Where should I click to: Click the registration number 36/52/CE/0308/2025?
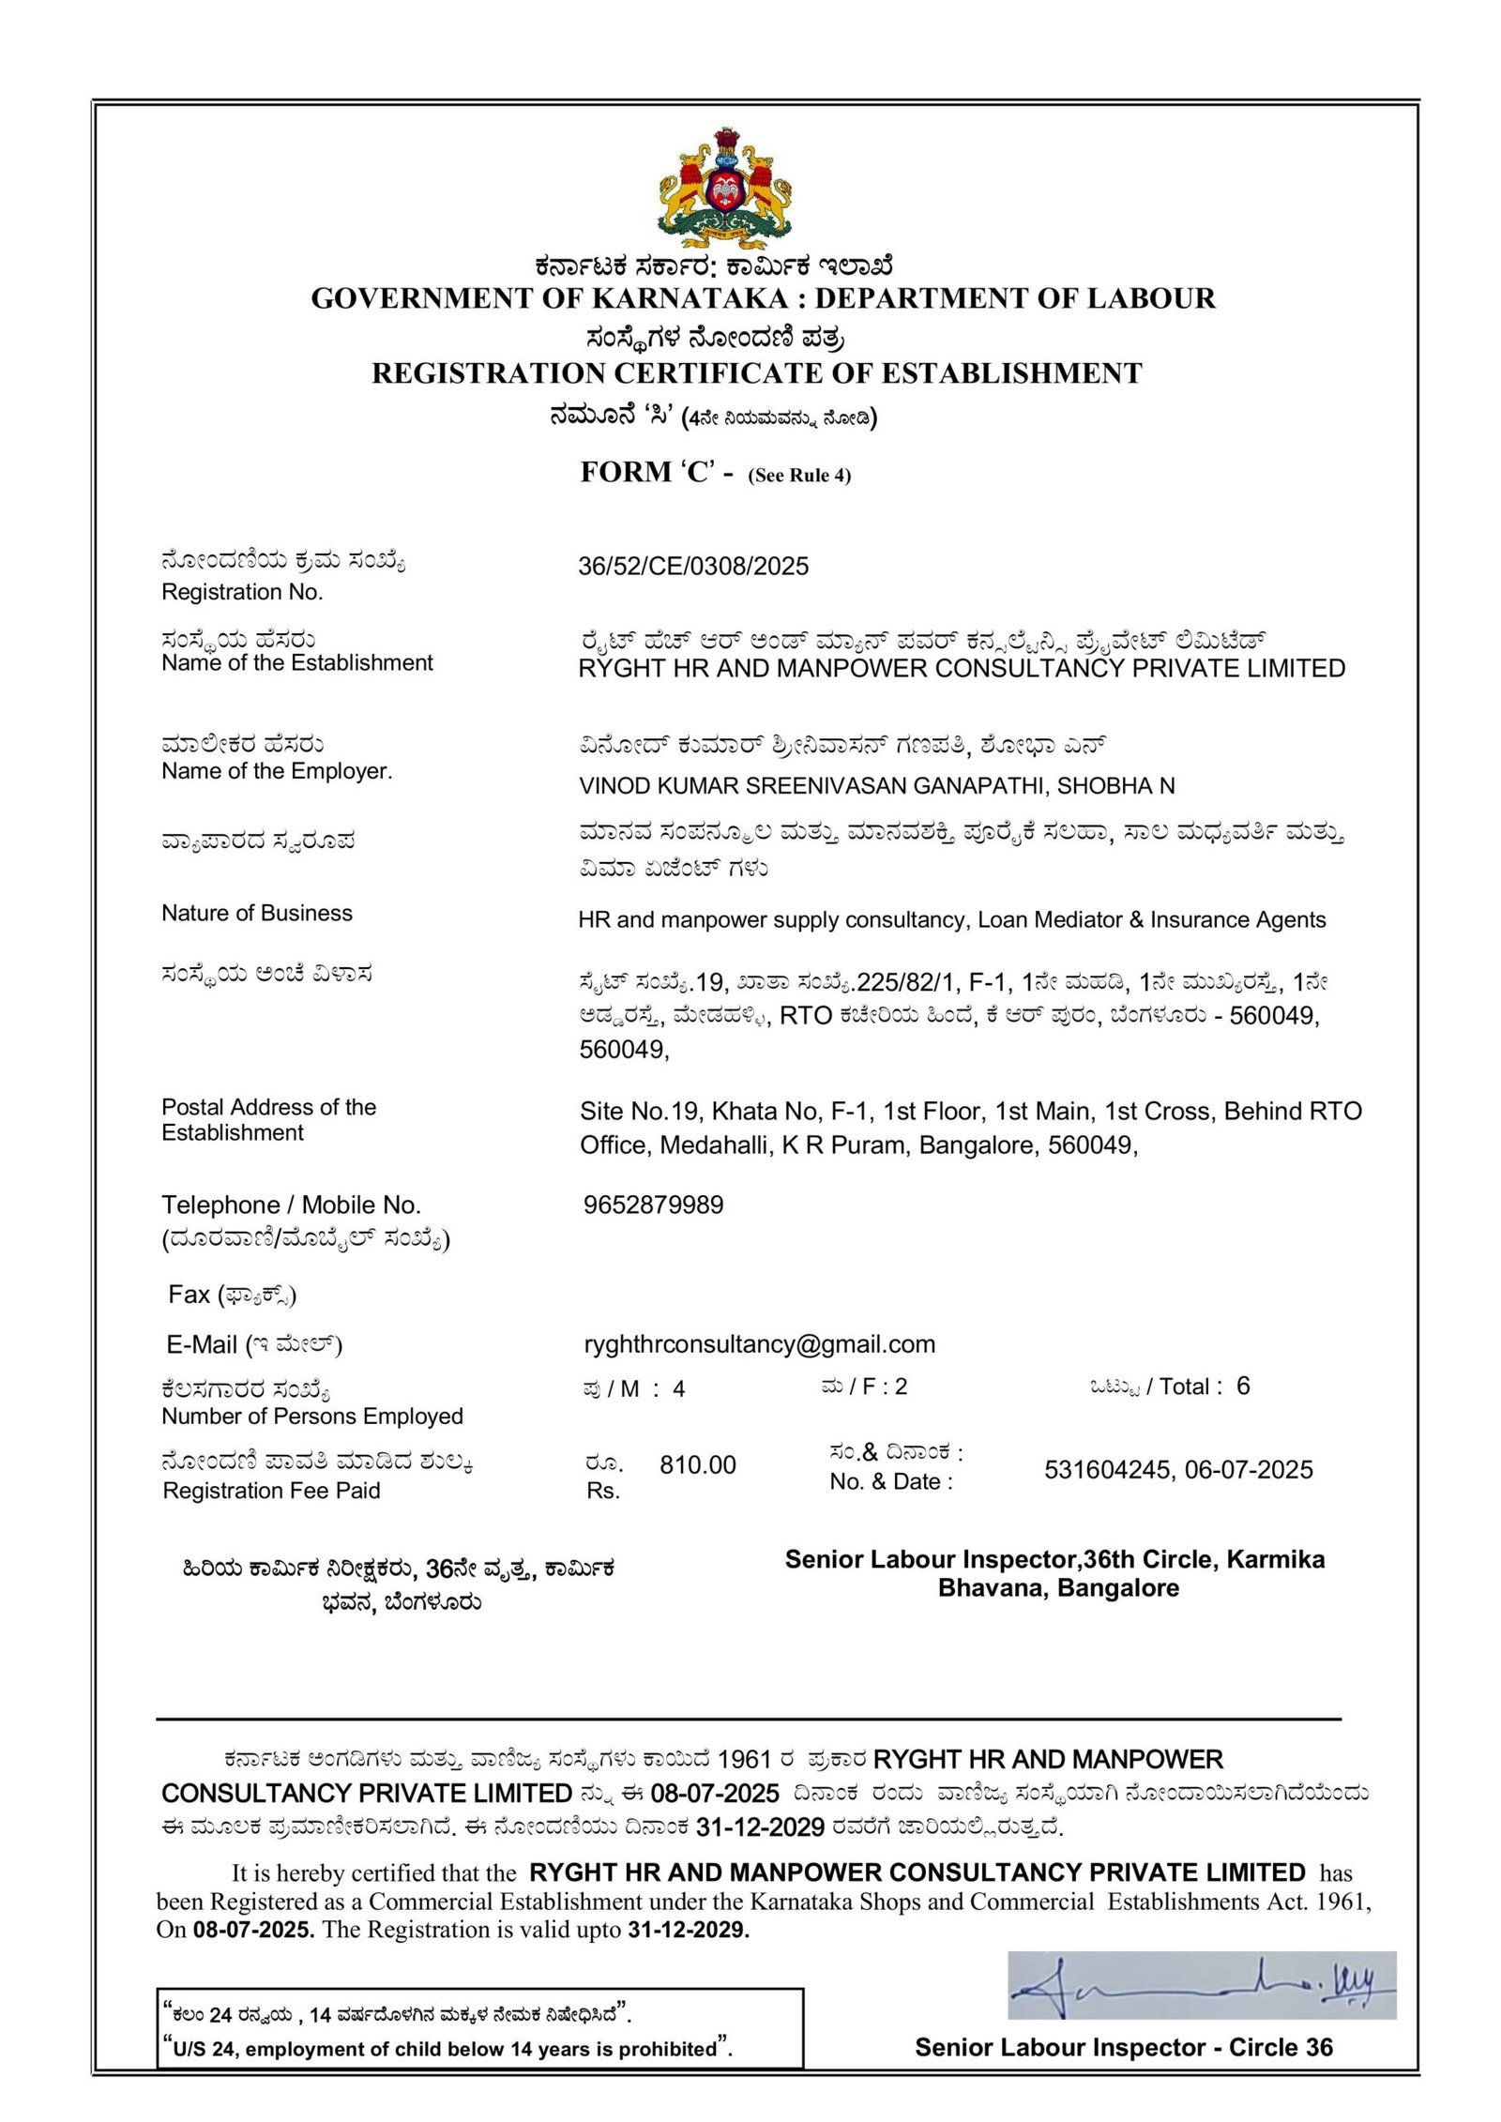[x=693, y=566]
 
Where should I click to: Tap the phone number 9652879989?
[x=653, y=1205]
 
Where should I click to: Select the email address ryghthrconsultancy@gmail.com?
[x=759, y=1343]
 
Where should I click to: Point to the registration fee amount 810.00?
[x=697, y=1464]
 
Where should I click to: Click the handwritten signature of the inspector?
[x=1201, y=1985]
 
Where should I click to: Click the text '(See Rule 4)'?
[x=799, y=476]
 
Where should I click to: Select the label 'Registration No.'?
[x=242, y=592]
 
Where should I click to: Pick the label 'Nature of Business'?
[x=257, y=913]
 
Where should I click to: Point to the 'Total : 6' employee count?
[x=1205, y=1387]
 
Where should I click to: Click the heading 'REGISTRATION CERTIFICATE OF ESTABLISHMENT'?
[x=756, y=373]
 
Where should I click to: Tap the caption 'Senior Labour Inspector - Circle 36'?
[x=1123, y=2047]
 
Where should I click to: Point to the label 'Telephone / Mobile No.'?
[x=291, y=1205]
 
